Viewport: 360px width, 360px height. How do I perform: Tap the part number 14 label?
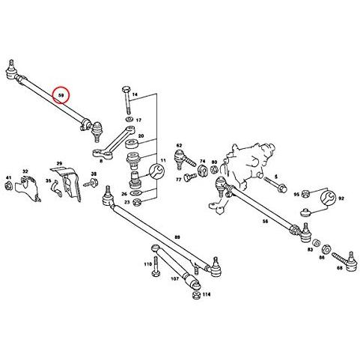[135, 94]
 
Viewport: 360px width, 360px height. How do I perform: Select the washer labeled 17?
[129, 119]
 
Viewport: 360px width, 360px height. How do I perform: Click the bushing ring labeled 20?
[131, 144]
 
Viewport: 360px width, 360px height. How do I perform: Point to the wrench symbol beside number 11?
[156, 171]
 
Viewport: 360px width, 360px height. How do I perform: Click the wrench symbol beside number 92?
[328, 198]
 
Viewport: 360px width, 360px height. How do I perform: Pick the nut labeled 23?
[137, 202]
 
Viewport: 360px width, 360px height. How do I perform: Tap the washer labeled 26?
[136, 192]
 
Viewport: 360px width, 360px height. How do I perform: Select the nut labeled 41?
[9, 186]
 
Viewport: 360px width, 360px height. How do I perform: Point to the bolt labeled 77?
[190, 177]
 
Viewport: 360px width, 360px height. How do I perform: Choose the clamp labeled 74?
[203, 171]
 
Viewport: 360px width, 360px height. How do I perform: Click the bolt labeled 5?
[275, 184]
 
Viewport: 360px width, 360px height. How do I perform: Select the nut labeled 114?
[197, 295]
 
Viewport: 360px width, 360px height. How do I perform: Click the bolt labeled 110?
[155, 266]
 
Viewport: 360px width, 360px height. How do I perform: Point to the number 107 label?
[175, 278]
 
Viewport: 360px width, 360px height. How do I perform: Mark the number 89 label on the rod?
[177, 237]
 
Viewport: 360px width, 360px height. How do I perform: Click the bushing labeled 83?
[317, 242]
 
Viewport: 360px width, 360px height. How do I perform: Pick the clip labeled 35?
[56, 189]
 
